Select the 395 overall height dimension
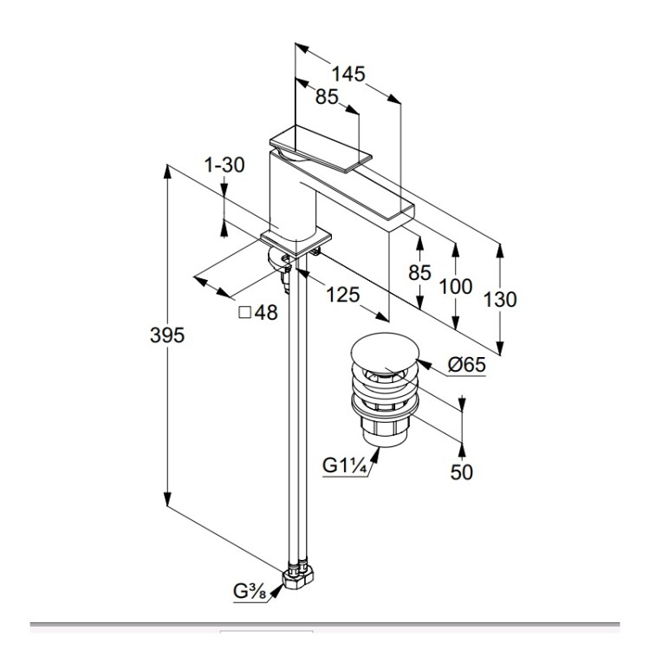pyautogui.click(x=167, y=335)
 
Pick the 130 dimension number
pyautogui.click(x=499, y=299)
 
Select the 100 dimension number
pyautogui.click(x=456, y=286)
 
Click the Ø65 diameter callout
pyautogui.click(x=467, y=366)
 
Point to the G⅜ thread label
pyautogui.click(x=249, y=592)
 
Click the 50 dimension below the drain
pyautogui.click(x=462, y=473)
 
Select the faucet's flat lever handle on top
pyautogui.click(x=321, y=148)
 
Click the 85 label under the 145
pyautogui.click(x=327, y=97)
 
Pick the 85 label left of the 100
pyautogui.click(x=419, y=272)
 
